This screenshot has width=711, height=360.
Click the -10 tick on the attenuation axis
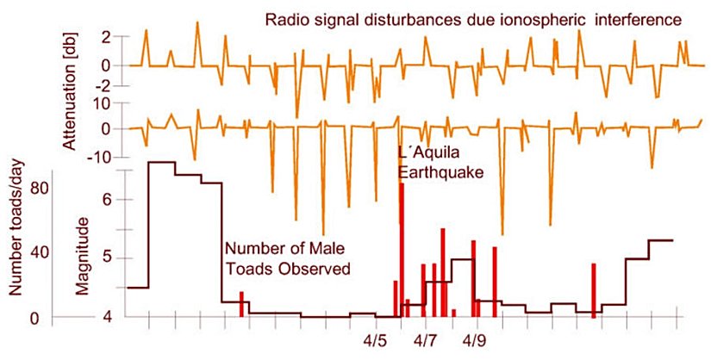click(x=101, y=158)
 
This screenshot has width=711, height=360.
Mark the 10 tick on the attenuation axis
click(x=103, y=103)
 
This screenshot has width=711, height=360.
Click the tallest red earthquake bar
click(x=402, y=250)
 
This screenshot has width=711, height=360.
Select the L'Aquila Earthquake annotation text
click(x=440, y=163)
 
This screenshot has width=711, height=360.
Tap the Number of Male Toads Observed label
click(x=287, y=258)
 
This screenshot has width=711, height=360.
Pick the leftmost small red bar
click(x=241, y=304)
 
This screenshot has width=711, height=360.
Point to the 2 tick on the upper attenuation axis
click(x=106, y=37)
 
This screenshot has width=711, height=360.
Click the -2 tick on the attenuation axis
click(x=103, y=85)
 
